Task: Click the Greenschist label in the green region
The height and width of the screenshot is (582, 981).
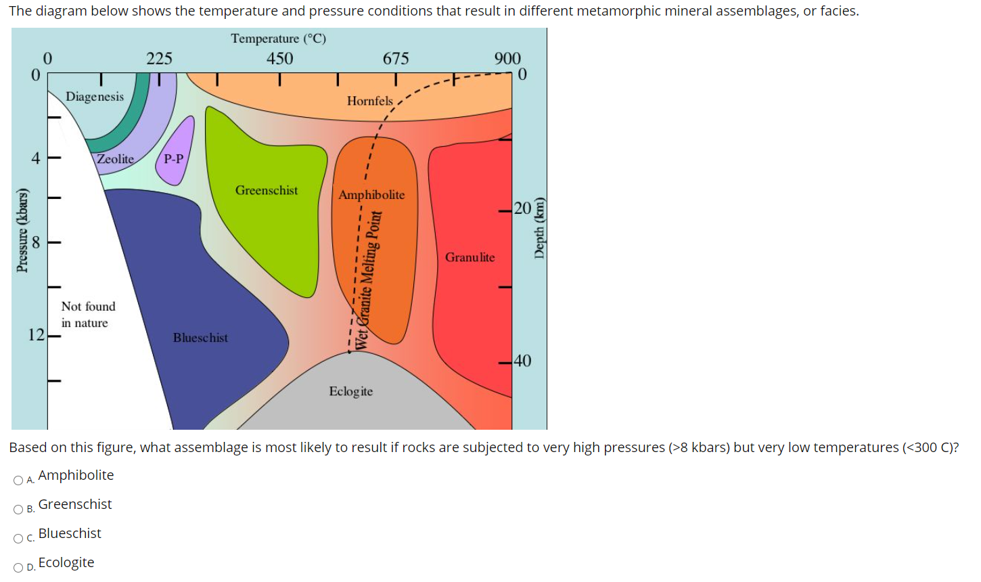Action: (267, 190)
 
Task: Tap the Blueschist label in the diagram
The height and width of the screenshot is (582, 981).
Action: (200, 337)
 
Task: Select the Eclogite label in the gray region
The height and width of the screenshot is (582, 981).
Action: (350, 391)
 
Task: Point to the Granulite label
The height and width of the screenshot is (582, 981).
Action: (470, 257)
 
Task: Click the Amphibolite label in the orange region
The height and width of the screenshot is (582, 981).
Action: (371, 195)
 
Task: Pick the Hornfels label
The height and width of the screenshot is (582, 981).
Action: (369, 101)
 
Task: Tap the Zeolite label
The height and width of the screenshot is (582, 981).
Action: (115, 159)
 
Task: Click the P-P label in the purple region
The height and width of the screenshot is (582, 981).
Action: (174, 159)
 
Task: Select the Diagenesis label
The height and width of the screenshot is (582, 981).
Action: (95, 96)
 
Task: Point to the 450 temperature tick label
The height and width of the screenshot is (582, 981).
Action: (279, 59)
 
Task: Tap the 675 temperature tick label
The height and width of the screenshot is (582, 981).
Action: (396, 59)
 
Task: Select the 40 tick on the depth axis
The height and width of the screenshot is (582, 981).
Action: (522, 361)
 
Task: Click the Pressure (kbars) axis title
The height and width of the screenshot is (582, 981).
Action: (23, 230)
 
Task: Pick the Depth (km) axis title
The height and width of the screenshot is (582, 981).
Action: (539, 228)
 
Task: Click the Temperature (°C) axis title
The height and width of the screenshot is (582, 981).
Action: (278, 39)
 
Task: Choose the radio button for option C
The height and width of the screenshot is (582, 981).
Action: (18, 539)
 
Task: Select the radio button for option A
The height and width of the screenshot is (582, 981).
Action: (18, 480)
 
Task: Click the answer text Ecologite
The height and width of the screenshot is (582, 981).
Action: (66, 562)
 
